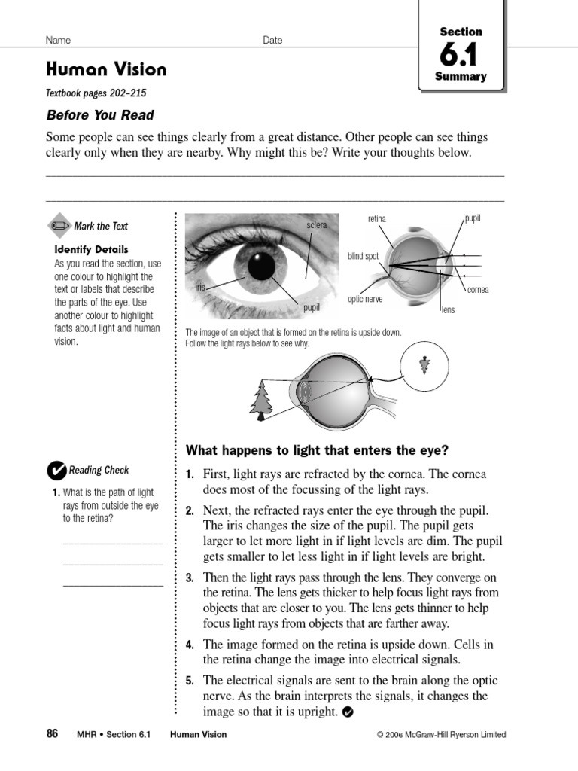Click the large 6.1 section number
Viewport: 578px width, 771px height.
[x=461, y=56]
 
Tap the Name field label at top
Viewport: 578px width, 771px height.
[x=58, y=41]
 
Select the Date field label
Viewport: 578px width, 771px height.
[x=272, y=41]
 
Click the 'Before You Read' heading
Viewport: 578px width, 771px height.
[x=100, y=115]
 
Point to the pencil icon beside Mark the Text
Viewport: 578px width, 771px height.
[x=59, y=226]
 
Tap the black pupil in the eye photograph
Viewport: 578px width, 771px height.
[x=262, y=266]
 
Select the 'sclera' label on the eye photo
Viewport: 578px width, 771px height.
[x=317, y=225]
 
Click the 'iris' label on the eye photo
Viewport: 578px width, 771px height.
[x=200, y=288]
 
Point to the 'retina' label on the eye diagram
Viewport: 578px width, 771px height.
[x=376, y=219]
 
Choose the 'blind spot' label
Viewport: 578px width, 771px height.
[x=363, y=257]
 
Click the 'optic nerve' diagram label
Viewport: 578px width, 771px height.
[x=365, y=300]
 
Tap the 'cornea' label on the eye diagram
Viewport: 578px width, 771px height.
[x=477, y=290]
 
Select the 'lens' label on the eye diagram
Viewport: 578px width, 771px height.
[x=448, y=309]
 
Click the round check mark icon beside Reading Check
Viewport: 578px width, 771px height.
[x=56, y=471]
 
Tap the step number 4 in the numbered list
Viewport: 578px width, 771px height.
[x=190, y=645]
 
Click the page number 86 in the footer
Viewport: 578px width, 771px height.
[x=52, y=734]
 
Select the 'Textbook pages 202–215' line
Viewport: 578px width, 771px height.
[x=96, y=93]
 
